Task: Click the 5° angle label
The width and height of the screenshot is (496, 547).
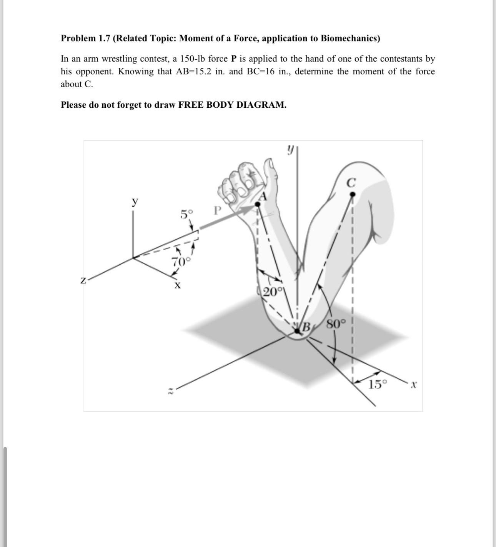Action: click(187, 214)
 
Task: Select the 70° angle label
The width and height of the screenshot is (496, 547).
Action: click(181, 262)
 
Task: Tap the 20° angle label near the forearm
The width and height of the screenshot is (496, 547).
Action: click(273, 292)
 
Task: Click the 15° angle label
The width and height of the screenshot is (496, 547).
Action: click(378, 384)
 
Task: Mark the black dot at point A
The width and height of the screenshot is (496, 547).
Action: click(258, 204)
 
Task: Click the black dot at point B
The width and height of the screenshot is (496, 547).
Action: click(297, 330)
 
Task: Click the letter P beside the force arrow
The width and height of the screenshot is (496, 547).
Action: click(218, 211)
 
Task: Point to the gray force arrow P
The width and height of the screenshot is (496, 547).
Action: click(227, 218)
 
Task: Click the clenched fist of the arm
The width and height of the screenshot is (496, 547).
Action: click(238, 183)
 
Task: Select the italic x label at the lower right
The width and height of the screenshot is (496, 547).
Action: click(413, 384)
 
